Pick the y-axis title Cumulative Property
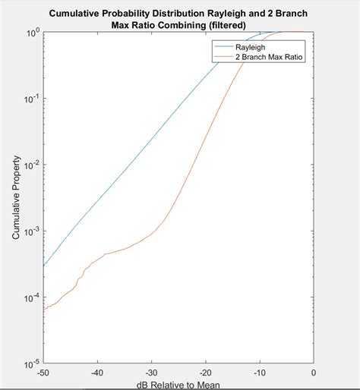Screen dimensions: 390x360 tap(16, 200)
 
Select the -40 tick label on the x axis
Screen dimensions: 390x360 tap(98, 373)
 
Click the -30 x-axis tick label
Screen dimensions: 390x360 tap(152, 373)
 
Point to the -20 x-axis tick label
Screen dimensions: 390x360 tap(206, 373)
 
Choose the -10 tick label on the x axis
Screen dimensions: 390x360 tap(260, 373)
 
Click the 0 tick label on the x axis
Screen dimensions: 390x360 tap(314, 373)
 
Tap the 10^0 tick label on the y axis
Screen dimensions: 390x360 tap(33, 33)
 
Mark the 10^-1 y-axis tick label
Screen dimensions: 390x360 tap(32, 99)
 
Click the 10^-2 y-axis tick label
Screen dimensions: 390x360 tap(32, 165)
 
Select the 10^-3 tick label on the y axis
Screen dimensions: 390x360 tap(32, 231)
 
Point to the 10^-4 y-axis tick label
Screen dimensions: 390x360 tap(32, 297)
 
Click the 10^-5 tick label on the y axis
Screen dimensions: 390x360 tap(32, 363)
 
